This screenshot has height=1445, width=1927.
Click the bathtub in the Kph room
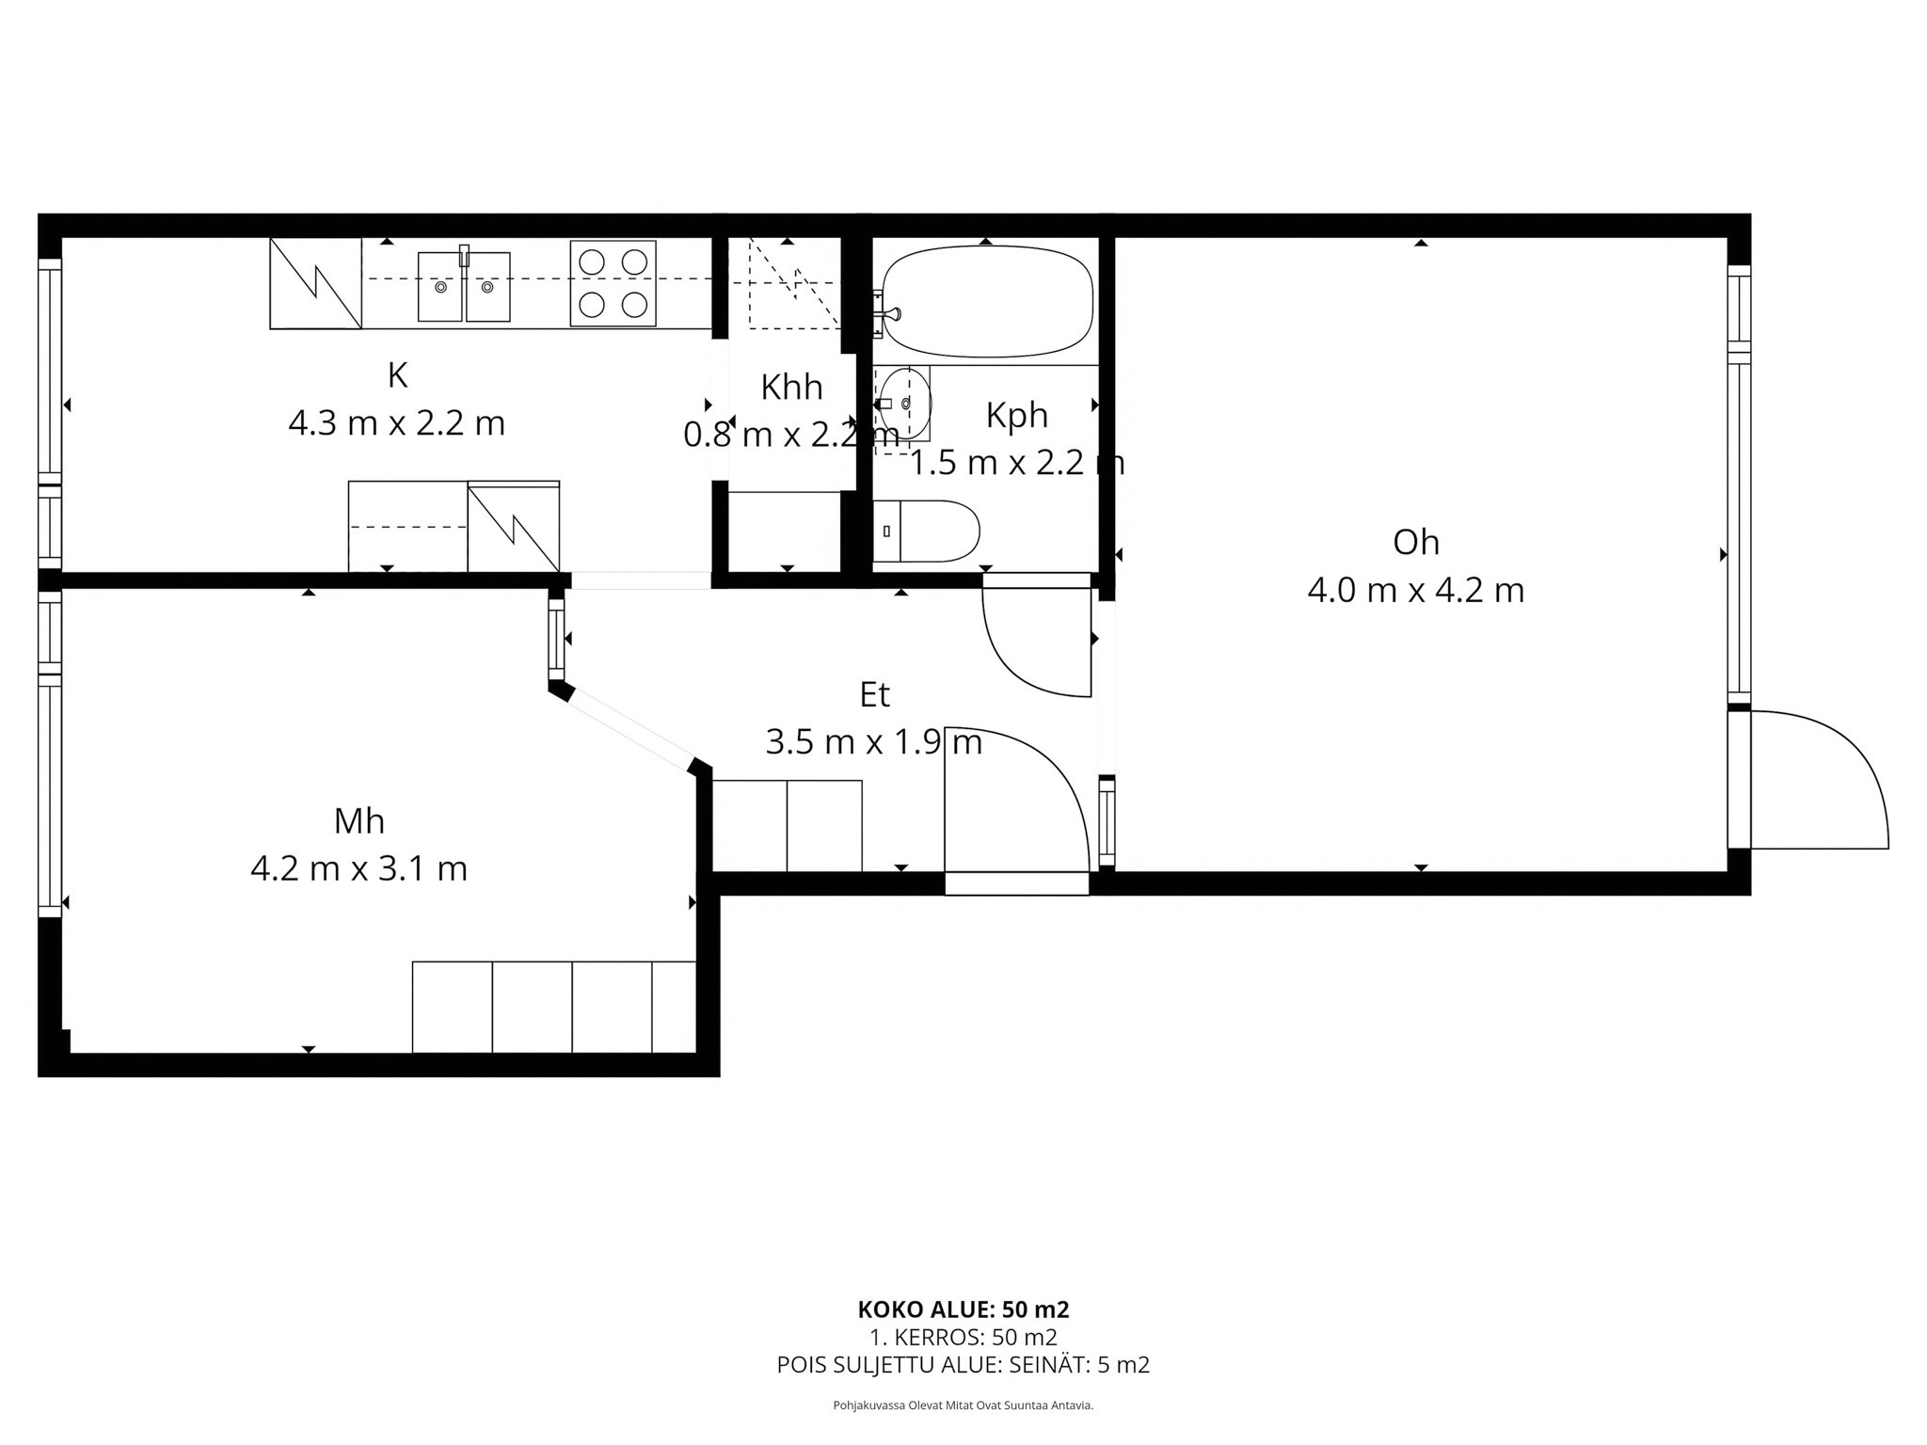[986, 301]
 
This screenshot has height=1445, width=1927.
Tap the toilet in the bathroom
[926, 532]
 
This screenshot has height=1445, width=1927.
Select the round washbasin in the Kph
[903, 404]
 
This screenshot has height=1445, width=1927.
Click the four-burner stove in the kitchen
[613, 282]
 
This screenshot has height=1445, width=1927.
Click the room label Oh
[1416, 542]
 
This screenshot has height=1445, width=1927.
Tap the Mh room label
[359, 821]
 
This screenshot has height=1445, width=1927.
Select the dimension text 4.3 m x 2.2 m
[396, 423]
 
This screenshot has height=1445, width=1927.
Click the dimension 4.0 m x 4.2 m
[1416, 591]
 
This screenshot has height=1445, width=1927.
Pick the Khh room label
[791, 387]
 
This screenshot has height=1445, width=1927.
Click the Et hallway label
[874, 695]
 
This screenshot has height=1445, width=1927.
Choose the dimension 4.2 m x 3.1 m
[359, 868]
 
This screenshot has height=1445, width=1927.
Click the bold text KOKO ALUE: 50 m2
[963, 1310]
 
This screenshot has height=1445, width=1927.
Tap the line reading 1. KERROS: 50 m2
[963, 1337]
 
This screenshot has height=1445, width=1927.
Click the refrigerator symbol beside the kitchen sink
[316, 283]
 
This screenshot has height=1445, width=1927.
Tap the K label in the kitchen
[397, 375]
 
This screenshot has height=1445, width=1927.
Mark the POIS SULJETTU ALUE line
[963, 1365]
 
